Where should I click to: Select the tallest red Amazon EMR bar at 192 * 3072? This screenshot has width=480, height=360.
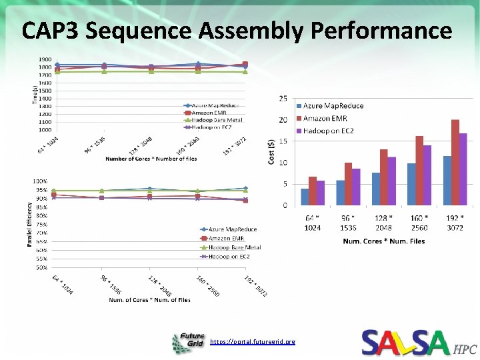[455, 162]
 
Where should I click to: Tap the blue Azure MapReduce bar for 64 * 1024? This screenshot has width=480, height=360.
[305, 197]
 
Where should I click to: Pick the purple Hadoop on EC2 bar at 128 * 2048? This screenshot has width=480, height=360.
[392, 181]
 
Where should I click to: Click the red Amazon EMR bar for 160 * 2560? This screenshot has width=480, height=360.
[419, 170]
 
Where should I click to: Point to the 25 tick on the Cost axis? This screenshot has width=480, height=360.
[283, 99]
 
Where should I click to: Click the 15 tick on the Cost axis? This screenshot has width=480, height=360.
[283, 141]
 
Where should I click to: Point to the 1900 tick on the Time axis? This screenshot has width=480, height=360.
[45, 59]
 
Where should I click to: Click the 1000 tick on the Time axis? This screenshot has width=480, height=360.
[45, 130]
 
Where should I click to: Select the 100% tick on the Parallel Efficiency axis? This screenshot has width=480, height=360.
[40, 181]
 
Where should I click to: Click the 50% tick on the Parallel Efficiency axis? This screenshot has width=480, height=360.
[41, 267]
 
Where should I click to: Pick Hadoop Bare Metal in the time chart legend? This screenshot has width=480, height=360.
[216, 119]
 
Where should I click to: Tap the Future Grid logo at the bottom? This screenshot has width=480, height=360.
[189, 343]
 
